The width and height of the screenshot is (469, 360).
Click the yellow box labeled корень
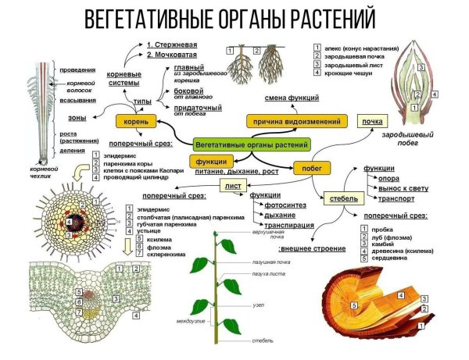pos(134,122)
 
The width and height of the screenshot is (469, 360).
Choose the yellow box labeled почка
pos(374,122)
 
